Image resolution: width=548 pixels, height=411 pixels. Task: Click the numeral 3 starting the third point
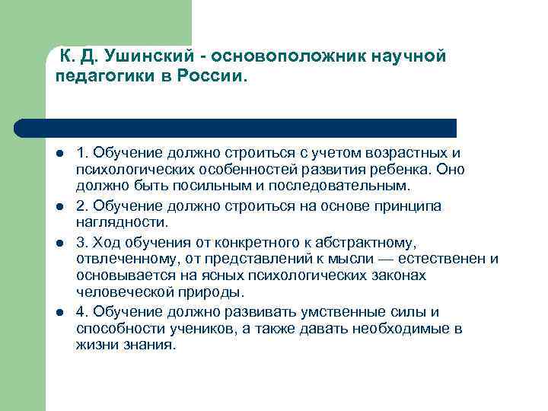pos(81,242)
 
